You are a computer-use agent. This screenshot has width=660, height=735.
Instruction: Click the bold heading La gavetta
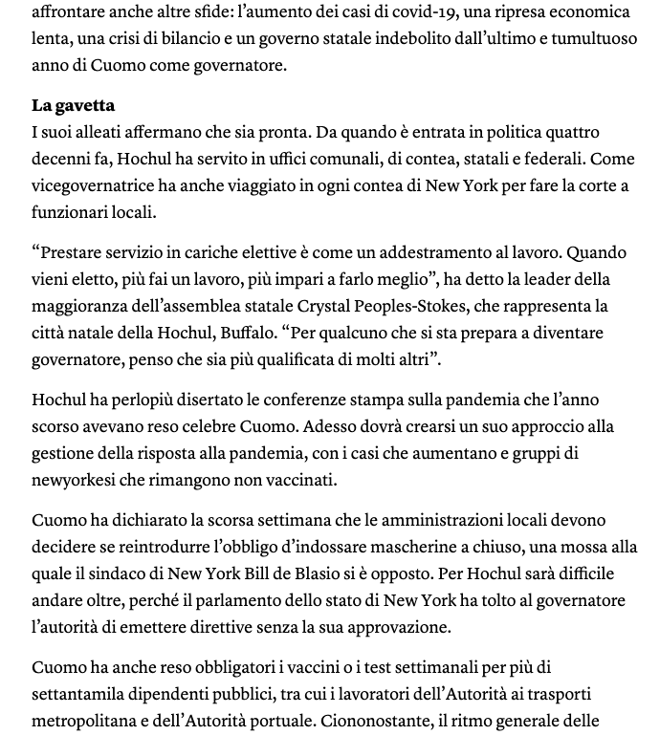(x=73, y=105)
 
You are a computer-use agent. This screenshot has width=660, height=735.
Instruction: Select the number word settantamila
(x=81, y=694)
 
